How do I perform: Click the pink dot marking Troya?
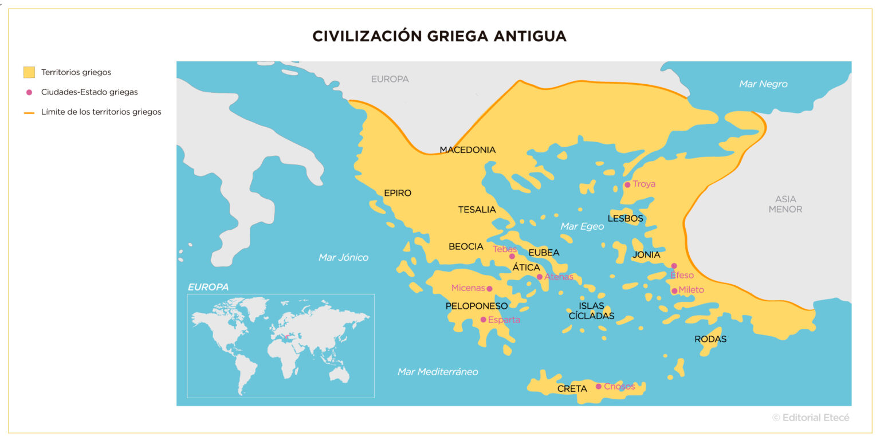click(627, 184)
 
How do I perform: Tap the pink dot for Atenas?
click(539, 277)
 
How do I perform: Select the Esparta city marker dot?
click(483, 320)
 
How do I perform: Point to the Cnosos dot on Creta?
click(598, 386)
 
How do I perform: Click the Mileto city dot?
click(674, 290)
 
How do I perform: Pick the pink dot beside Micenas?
click(489, 288)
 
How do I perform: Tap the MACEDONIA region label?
click(467, 150)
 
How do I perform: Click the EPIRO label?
click(398, 193)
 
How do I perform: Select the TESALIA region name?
click(477, 210)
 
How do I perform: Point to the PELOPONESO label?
click(477, 306)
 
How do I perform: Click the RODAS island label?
click(710, 339)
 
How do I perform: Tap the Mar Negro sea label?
click(763, 84)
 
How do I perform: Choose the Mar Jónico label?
click(343, 257)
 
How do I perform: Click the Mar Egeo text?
click(582, 226)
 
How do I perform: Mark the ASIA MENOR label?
click(785, 204)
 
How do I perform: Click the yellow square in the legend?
click(29, 72)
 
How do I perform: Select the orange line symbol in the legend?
click(29, 112)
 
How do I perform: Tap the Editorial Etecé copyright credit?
click(811, 418)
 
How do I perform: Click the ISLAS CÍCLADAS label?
click(591, 311)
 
